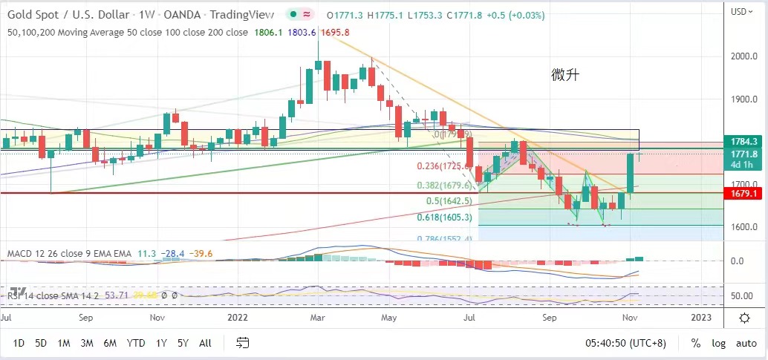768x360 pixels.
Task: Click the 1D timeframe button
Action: [19, 343]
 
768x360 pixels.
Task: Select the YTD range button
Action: [136, 343]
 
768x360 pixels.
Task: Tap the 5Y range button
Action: [183, 343]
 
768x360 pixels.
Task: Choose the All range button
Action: [206, 343]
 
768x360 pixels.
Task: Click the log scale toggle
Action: [719, 343]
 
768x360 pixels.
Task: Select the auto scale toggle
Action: [746, 343]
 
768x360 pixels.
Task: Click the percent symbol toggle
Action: [696, 343]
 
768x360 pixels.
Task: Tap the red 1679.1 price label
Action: [743, 193]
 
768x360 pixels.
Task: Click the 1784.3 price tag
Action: [743, 141]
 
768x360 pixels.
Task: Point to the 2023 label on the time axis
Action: [700, 317]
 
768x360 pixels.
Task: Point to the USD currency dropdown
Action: [741, 11]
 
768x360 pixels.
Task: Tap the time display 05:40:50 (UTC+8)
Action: [626, 343]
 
